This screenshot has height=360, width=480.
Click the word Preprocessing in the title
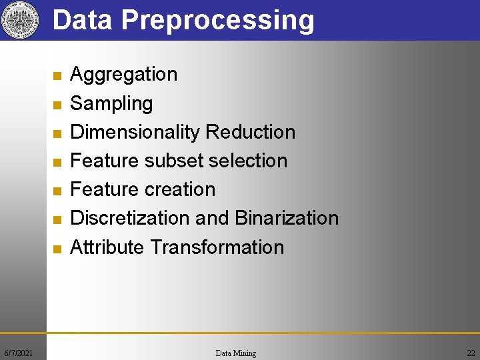[x=217, y=21]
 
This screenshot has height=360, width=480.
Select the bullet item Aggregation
[x=123, y=74]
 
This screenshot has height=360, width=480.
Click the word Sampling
[x=111, y=103]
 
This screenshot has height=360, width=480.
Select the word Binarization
[x=287, y=218]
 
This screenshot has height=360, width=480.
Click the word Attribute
[x=107, y=247]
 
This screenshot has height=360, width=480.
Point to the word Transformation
[x=217, y=247]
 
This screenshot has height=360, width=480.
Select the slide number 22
[x=471, y=353]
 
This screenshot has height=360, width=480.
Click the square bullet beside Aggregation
[x=57, y=76]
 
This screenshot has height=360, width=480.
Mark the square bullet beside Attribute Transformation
[x=57, y=249]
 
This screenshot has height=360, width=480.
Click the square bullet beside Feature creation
[x=57, y=191]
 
